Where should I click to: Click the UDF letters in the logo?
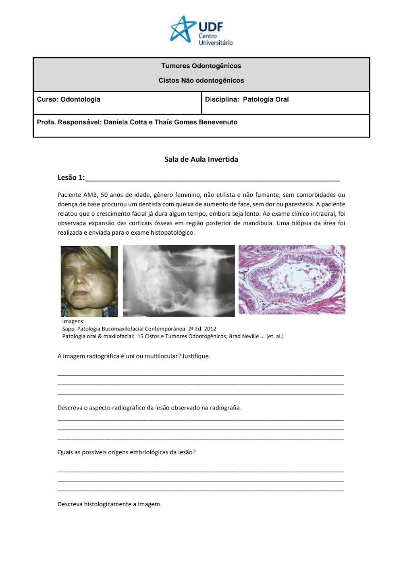click(210, 27)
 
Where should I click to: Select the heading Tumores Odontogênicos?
click(201, 66)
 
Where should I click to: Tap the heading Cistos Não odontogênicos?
click(201, 80)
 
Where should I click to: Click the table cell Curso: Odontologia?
click(69, 99)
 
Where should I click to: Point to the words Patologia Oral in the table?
click(266, 99)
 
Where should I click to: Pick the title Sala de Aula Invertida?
click(201, 159)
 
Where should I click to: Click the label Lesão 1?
click(71, 177)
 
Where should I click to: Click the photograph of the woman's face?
click(89, 281)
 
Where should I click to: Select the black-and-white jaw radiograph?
click(179, 281)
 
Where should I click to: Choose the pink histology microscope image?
click(292, 279)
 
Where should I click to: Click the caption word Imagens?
click(73, 321)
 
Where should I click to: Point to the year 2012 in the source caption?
click(210, 329)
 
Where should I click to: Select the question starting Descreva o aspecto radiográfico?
click(150, 408)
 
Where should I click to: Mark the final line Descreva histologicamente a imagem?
click(110, 504)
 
